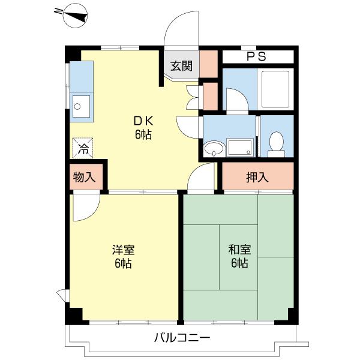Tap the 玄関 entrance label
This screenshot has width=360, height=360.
[181, 65]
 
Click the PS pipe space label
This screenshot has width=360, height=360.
[256, 57]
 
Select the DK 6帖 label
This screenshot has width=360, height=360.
[142, 127]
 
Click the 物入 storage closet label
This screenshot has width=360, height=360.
[84, 177]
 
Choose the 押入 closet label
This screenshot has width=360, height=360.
[257, 177]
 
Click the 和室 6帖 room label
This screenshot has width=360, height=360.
[239, 256]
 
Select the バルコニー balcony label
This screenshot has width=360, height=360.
[182, 338]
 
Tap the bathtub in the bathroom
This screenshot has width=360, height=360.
[274, 89]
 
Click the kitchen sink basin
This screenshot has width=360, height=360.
[81, 106]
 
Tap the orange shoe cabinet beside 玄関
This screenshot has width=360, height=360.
[208, 65]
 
